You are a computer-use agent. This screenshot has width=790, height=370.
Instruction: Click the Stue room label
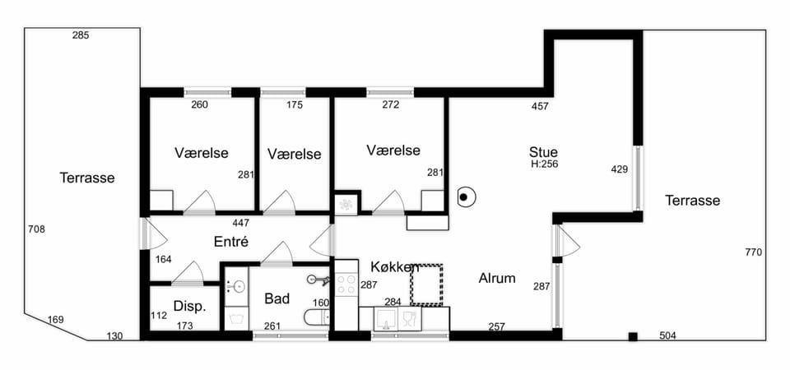tap(543, 151)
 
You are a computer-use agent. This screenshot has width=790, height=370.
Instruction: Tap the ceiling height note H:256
tap(544, 164)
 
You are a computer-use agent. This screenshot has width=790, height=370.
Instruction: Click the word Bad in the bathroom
tap(277, 298)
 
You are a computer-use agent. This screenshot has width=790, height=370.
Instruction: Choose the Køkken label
tap(395, 266)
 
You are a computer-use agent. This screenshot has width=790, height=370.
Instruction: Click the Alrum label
tap(497, 278)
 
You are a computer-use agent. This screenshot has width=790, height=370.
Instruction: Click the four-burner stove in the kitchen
tap(346, 284)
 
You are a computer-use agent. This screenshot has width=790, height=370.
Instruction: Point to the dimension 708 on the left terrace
tap(36, 229)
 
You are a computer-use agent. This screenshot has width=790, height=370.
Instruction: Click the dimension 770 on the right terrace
tap(754, 252)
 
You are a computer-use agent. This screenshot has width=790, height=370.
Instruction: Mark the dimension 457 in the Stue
tap(540, 106)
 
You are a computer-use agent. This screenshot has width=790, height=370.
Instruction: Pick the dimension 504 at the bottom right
tap(667, 335)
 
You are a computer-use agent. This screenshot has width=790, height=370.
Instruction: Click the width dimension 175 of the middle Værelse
tap(295, 105)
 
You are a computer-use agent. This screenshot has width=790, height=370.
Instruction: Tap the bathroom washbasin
tap(235, 286)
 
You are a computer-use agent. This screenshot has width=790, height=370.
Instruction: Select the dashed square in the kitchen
tap(426, 284)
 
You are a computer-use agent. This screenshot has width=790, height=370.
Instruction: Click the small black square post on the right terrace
tap(633, 337)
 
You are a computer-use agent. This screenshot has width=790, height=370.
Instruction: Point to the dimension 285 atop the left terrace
tap(81, 35)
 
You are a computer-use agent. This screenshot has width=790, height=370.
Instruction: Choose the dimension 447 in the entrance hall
tap(241, 222)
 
